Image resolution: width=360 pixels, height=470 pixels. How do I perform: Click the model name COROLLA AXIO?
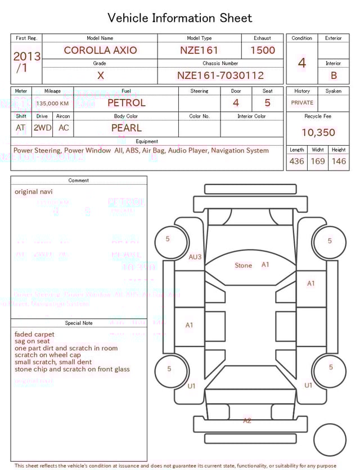tap(100, 50)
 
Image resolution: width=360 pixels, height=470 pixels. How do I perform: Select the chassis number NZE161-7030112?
tap(220, 75)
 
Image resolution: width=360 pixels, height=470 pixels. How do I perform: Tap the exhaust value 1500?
tap(262, 50)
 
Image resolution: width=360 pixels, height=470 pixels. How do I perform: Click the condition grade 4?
tap(302, 63)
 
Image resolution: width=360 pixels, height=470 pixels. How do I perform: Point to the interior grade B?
tap(334, 75)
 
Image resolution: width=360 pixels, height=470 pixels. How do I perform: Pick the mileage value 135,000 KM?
tap(52, 104)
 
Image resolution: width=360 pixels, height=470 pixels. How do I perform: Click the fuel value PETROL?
tap(126, 103)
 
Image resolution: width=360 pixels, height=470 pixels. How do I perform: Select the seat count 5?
tap(267, 103)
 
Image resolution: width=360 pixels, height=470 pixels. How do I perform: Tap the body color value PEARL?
tap(126, 128)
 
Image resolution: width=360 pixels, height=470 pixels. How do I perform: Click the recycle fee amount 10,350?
tap(318, 133)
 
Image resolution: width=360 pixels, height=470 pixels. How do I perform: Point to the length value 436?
tap(296, 162)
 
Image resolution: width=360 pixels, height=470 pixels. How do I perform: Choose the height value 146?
tap(339, 162)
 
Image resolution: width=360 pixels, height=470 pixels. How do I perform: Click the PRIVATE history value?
tap(302, 103)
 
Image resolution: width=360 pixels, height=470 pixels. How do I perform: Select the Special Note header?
tap(79, 323)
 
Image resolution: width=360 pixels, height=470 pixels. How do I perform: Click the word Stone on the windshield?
tap(244, 265)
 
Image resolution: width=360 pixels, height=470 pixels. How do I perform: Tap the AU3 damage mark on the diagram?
tap(195, 257)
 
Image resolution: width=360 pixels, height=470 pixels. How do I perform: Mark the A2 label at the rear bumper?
tap(247, 420)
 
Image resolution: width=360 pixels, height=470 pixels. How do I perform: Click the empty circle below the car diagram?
tap(330, 440)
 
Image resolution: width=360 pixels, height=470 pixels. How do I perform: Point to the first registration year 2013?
tap(26, 56)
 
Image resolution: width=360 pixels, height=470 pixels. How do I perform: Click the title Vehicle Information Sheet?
tap(180, 18)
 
